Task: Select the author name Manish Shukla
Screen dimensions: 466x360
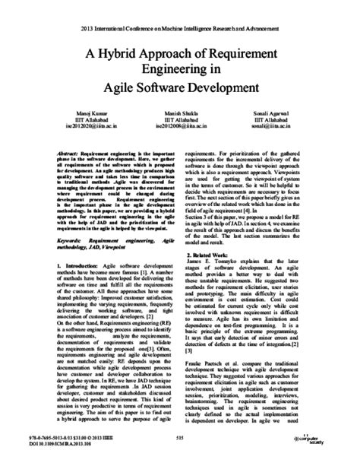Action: pos(181,112)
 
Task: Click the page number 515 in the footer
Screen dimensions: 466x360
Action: pos(180,441)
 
